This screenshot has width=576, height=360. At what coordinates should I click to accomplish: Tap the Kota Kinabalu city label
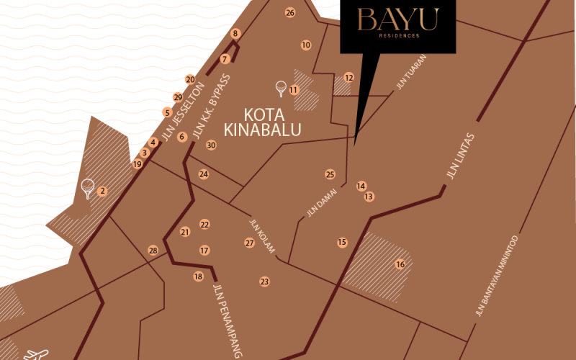click(x=263, y=122)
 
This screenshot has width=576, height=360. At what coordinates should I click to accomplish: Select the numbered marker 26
click(x=290, y=12)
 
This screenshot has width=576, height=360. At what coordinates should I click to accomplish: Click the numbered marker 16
click(x=400, y=264)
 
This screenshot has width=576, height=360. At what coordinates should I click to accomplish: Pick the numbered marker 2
click(x=102, y=191)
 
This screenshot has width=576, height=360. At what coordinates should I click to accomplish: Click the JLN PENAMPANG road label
click(x=228, y=320)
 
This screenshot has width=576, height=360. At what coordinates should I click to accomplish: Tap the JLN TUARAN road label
click(x=411, y=72)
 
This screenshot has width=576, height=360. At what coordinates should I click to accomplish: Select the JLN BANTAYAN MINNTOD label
click(x=497, y=276)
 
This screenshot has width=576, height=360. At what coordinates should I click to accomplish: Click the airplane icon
click(x=36, y=354)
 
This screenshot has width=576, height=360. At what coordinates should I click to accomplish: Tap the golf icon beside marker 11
click(x=281, y=89)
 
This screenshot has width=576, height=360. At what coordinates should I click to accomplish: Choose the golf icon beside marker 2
click(x=88, y=188)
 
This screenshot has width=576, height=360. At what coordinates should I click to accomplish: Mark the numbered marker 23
click(x=264, y=282)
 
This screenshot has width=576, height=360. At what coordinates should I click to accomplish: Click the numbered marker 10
click(x=306, y=45)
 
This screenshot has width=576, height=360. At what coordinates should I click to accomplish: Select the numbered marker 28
click(x=153, y=250)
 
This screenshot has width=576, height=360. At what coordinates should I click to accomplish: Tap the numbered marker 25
click(x=330, y=174)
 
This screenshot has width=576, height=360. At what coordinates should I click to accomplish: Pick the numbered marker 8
click(x=235, y=33)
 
